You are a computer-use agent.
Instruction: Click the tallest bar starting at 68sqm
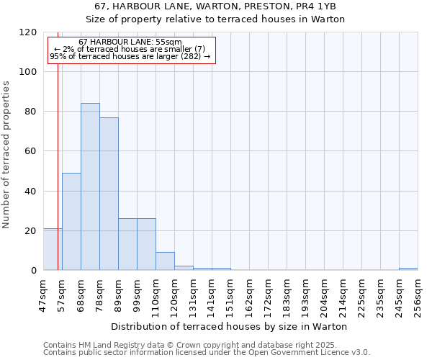tap(90, 187)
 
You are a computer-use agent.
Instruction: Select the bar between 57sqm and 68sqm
tap(71, 222)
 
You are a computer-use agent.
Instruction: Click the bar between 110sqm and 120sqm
tap(165, 261)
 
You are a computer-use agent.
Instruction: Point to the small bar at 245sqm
tap(408, 269)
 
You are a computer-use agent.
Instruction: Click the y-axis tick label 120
tap(28, 32)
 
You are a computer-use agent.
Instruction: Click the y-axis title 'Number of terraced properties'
tap(6, 155)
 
